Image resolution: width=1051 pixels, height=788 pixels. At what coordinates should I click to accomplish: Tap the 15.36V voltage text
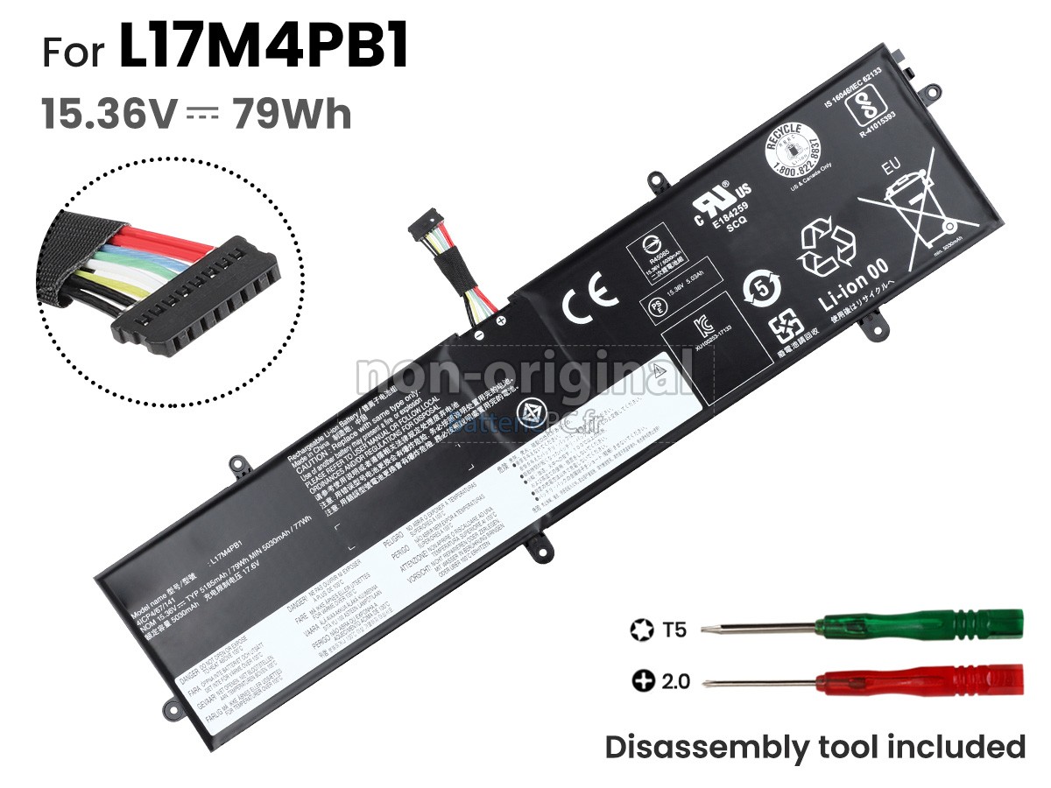coord(109,115)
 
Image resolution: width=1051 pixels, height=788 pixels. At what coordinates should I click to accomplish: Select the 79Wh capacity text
coord(293,115)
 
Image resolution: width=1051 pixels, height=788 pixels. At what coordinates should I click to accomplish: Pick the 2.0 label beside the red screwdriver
coord(674,679)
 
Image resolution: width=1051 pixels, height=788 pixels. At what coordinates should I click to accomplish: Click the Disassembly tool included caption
coord(815,747)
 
